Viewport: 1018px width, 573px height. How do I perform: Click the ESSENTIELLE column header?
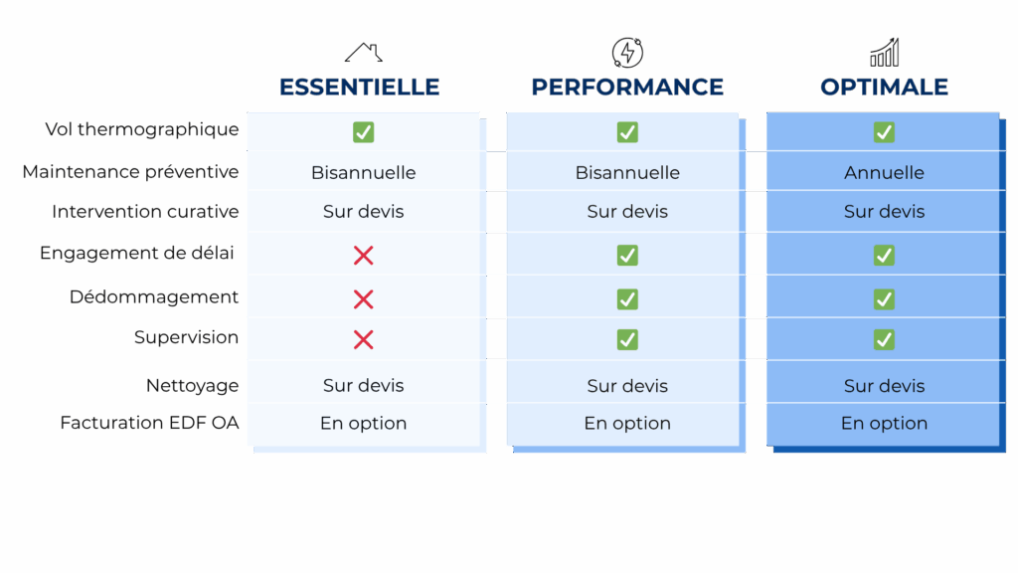coord(360,87)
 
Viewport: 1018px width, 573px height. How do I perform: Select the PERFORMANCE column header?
coord(627,87)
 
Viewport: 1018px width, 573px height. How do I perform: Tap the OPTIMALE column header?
coord(884,87)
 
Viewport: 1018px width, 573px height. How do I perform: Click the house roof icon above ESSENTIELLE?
coord(363,52)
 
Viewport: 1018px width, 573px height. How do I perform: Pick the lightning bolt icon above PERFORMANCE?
coord(627,52)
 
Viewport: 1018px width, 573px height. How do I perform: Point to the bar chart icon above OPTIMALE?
coord(884,52)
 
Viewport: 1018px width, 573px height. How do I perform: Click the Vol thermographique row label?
coord(142,129)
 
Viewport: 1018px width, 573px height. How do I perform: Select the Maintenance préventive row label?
coord(130,172)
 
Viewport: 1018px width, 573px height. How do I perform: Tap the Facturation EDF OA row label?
coord(149,423)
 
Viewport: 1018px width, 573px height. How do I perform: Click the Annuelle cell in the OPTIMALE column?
coord(884,173)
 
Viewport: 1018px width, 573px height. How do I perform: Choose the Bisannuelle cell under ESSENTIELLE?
coord(363,173)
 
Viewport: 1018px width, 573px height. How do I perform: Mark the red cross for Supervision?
coord(363,340)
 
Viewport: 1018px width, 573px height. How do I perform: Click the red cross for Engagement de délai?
coord(363,256)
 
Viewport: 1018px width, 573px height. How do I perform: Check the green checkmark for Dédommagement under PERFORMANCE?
coord(627,298)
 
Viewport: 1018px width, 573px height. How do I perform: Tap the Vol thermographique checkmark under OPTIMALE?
coord(884,132)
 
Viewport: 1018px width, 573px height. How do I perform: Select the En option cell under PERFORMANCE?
coord(627,424)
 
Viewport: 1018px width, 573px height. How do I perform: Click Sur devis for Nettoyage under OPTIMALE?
coord(884,386)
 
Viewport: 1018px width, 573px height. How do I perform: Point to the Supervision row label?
coord(186,338)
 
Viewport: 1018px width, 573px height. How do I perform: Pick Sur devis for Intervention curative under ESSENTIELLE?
coord(363,212)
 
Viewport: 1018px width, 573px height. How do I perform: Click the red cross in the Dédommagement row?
coord(363,298)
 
